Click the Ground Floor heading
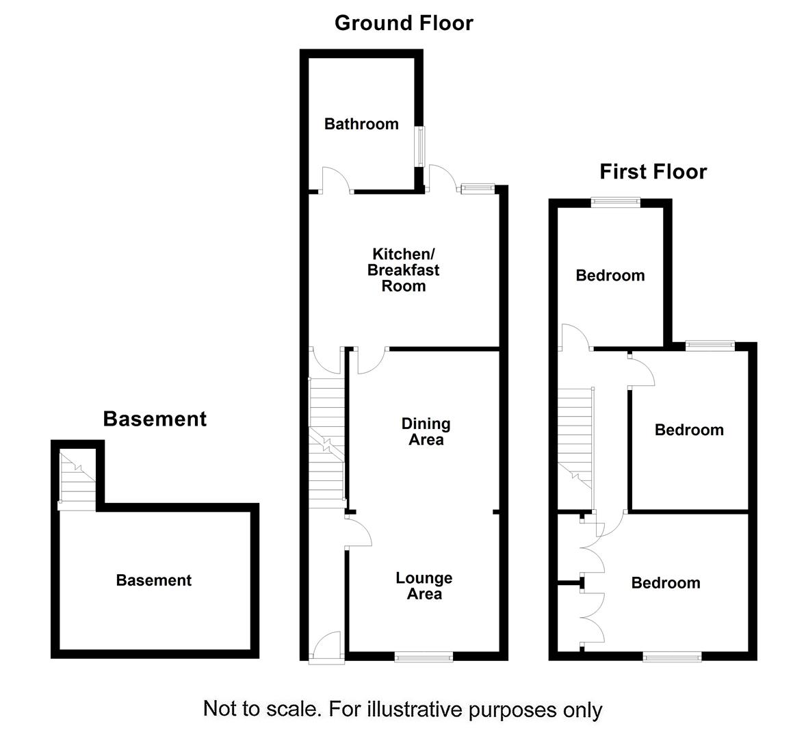[x=404, y=23]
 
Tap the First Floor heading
[x=653, y=171]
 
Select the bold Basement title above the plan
[x=155, y=419]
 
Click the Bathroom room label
[x=361, y=124]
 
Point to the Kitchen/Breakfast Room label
[x=403, y=270]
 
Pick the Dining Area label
[x=426, y=432]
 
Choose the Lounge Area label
[x=424, y=586]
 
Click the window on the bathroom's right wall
[x=421, y=145]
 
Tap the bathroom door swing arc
[x=337, y=179]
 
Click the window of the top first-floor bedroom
[x=616, y=202]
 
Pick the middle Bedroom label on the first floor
[x=689, y=430]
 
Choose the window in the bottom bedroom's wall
[x=673, y=657]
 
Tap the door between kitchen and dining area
[x=371, y=361]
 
